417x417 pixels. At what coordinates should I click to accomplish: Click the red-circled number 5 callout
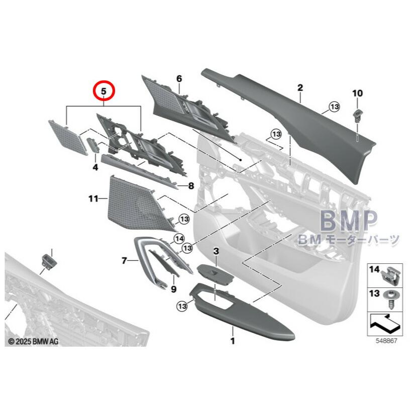[103, 91]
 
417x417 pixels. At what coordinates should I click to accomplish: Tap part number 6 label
[179, 79]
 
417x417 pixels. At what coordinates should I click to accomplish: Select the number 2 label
[300, 87]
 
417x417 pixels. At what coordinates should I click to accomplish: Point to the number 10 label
[357, 93]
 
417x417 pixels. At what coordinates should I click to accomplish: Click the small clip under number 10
[357, 116]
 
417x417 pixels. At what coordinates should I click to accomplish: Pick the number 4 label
[95, 167]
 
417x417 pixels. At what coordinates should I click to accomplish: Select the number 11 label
[93, 198]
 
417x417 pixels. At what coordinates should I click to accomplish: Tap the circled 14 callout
[179, 239]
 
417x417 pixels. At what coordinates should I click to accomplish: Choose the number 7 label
[124, 261]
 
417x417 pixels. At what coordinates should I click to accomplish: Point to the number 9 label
[174, 289]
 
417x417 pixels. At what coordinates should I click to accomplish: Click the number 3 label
[216, 251]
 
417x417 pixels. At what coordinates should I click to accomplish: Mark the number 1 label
[233, 341]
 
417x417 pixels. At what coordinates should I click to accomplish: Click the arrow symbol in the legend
[385, 324]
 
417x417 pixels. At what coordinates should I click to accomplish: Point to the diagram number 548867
[386, 341]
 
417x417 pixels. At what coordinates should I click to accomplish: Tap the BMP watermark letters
[349, 220]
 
